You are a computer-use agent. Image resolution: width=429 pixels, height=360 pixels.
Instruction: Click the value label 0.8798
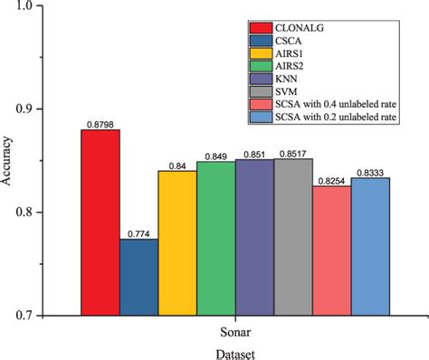tap(100, 123)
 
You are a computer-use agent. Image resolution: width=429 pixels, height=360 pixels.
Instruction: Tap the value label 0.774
tap(139, 232)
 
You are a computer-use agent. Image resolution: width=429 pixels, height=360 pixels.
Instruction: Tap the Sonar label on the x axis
tap(234, 330)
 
